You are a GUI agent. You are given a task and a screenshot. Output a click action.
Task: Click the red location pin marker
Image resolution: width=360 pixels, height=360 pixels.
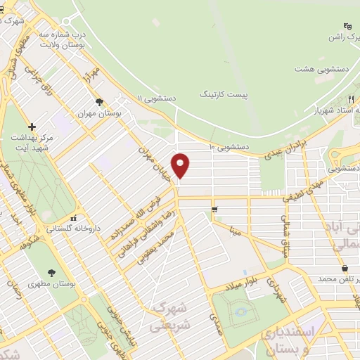pos(181,165)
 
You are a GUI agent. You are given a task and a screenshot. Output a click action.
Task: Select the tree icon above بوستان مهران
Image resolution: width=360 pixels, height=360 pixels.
pos(99,102)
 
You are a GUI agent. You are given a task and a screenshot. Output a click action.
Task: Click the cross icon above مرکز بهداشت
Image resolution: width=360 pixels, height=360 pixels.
pos(32,127)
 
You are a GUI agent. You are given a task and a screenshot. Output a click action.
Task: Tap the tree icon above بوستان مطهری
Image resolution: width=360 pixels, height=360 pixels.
pos(51,273)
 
